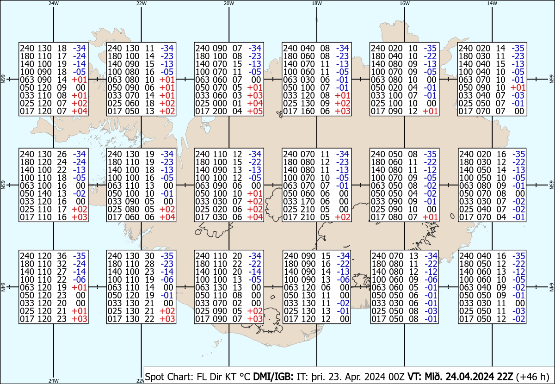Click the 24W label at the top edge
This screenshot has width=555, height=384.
54,3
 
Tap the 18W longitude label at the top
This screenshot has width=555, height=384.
317,3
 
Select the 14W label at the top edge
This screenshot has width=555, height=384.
492,3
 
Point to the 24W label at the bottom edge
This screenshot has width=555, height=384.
54,380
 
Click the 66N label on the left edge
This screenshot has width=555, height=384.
3,79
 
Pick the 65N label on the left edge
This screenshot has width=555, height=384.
3,185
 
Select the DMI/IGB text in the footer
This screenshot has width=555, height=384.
273,377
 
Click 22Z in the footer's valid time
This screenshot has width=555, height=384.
505,377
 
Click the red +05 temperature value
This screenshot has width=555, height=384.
255,111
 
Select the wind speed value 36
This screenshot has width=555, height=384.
62,256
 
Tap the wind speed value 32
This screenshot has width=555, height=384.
62,264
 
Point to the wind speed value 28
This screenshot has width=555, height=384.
149,264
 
